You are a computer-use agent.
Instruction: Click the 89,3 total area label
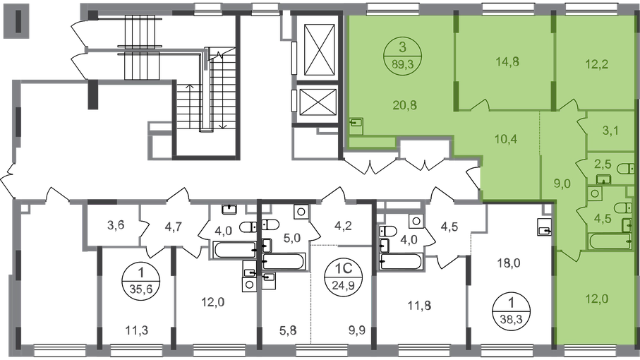click(x=402, y=64)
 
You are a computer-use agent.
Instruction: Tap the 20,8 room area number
click(x=405, y=105)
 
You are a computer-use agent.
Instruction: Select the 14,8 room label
click(x=507, y=62)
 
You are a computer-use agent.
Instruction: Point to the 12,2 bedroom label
click(x=597, y=64)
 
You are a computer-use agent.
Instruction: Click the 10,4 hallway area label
click(x=506, y=139)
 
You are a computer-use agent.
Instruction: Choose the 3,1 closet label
click(x=610, y=131)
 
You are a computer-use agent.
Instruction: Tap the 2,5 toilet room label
click(x=603, y=164)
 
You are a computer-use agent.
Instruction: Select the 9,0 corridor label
click(x=562, y=184)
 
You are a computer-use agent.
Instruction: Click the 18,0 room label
click(x=509, y=263)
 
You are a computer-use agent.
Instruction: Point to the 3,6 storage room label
click(x=116, y=225)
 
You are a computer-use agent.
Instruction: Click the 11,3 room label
click(x=138, y=330)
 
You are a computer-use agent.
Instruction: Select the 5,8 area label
click(x=289, y=330)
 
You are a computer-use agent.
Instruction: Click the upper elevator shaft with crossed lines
click(x=320, y=50)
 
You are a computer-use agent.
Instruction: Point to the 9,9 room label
click(x=357, y=330)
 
